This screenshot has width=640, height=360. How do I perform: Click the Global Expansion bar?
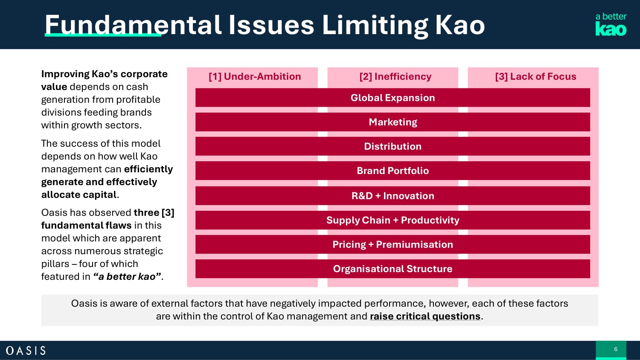tap(393, 98)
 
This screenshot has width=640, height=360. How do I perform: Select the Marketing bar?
tap(393, 122)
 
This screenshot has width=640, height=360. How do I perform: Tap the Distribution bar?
tap(393, 146)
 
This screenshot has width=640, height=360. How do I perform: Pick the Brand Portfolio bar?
tap(393, 171)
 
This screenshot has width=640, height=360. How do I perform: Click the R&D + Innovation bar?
tap(393, 196)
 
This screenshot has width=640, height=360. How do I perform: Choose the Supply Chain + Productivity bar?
tap(393, 220)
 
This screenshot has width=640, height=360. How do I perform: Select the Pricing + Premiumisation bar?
tap(393, 244)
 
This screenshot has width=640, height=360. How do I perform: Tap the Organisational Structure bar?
tap(393, 269)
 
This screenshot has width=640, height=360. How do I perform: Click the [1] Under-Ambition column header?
tap(255, 77)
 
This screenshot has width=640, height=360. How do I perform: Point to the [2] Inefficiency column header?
tap(395, 77)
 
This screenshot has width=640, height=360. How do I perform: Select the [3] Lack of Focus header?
tap(535, 77)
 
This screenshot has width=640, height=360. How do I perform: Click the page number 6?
tap(615, 349)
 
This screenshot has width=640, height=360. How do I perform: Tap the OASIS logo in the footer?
tap(26, 351)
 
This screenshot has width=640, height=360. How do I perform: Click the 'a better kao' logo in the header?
tap(611, 24)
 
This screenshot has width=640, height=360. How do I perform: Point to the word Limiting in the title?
tap(375, 25)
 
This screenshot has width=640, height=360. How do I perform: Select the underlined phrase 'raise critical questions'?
tap(425, 316)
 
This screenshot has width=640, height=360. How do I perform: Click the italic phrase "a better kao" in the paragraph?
tap(127, 277)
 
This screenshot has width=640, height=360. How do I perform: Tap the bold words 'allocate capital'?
tap(79, 195)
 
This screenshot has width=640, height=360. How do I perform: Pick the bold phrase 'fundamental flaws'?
tap(86, 226)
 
